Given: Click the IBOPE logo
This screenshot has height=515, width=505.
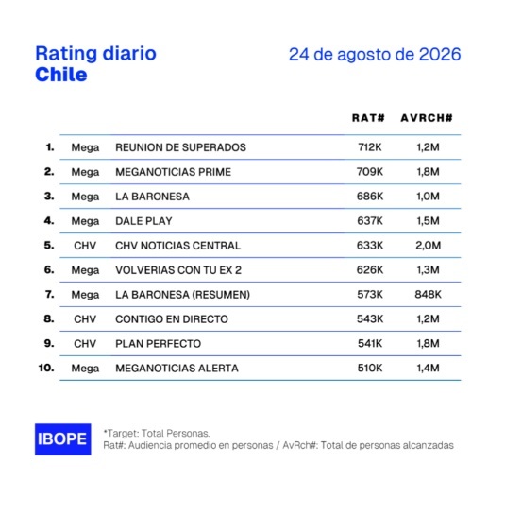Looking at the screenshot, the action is pos(63,439).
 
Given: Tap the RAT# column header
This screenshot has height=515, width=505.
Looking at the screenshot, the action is pos(368,118).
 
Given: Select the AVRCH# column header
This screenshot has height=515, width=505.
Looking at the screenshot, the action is pos(427,118).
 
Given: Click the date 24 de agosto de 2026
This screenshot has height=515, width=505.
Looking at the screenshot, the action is pos(375,54).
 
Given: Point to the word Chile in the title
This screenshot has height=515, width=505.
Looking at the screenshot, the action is pos(61,75).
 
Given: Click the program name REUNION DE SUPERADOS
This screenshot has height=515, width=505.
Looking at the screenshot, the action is pos(180,147).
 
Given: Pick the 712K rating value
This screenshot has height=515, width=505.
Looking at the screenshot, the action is pos(370,147).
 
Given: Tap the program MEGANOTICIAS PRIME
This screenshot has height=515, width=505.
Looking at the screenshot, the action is pos(174,172).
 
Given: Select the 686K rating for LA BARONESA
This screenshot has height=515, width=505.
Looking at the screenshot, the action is pos(370,197).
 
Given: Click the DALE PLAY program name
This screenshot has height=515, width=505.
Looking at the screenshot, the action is pos(143,221).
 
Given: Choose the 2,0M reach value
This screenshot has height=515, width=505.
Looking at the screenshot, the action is pos(429,246).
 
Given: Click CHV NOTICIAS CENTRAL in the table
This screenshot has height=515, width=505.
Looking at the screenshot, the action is pos(177,246).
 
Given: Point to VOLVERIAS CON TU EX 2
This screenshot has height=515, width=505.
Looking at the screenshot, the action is pos(178,270).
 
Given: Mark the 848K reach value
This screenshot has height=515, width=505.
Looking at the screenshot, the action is pos(429,294).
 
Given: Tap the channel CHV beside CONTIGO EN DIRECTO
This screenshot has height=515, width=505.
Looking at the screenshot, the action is pos(85,318).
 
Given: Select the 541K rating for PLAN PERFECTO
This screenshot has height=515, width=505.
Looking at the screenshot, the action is pos(370,343).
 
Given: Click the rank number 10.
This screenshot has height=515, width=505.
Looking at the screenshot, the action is pos(46,368).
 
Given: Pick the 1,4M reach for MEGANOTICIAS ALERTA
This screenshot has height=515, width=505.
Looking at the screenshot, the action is pos(429,368).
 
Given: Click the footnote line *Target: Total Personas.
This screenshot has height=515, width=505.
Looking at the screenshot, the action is pos(157,433).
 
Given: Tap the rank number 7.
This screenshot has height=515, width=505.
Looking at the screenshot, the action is pos(49,294).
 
